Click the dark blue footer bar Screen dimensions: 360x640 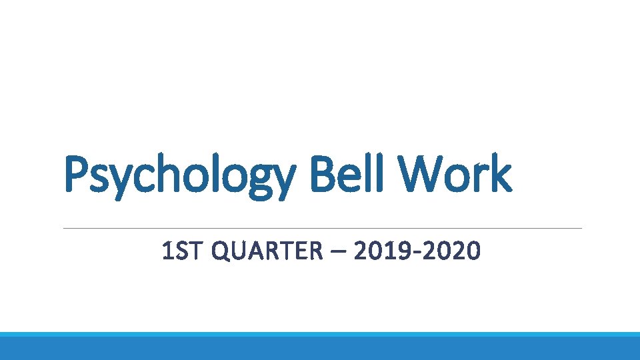(320, 349)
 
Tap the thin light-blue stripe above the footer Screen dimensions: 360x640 (320, 334)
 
